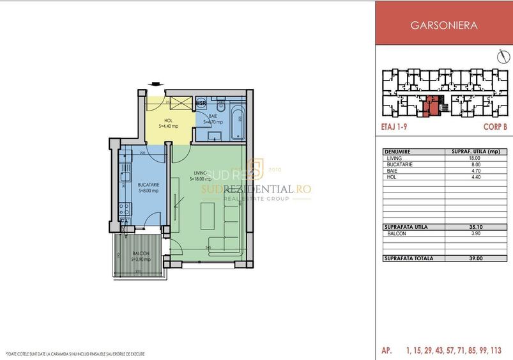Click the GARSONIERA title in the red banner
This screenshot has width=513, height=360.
443,26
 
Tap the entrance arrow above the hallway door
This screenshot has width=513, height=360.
154,82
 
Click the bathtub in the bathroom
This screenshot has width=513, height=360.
239,120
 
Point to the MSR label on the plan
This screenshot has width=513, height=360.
201,103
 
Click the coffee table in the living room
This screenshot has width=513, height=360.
208,216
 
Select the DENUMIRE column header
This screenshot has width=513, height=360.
398,152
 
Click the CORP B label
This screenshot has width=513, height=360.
495,127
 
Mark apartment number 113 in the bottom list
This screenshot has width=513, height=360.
495,350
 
